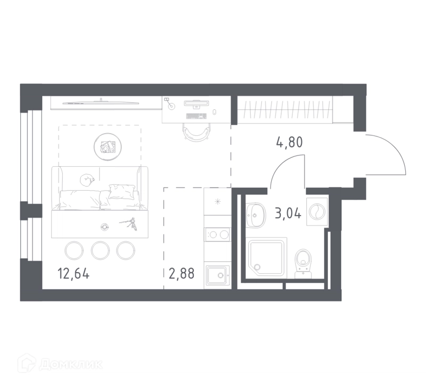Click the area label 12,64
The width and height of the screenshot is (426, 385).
[73, 273]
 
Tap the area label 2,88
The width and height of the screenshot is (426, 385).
[182, 273]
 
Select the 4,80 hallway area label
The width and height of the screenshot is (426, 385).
[289, 142]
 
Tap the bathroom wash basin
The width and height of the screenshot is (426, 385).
[256, 215]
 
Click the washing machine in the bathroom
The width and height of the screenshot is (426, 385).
[317, 211]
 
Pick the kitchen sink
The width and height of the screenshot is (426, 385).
[217, 275]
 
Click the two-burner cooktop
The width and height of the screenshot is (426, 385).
[218, 234]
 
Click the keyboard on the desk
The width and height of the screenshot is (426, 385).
[195, 116]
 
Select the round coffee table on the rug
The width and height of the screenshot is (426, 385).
[108, 147]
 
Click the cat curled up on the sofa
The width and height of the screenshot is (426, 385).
[87, 180]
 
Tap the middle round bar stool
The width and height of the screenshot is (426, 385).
[100, 250]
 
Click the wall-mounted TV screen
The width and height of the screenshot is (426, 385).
[101, 103]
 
